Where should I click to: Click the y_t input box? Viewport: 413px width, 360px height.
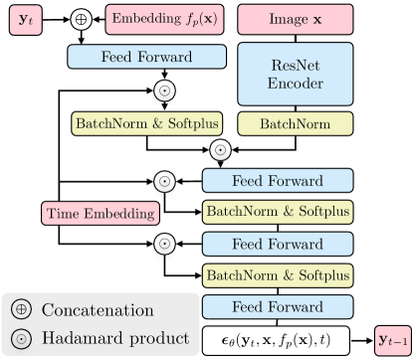[25, 19]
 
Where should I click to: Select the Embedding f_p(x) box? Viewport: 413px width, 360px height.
[162, 19]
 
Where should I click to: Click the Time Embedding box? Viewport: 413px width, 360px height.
[100, 212]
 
